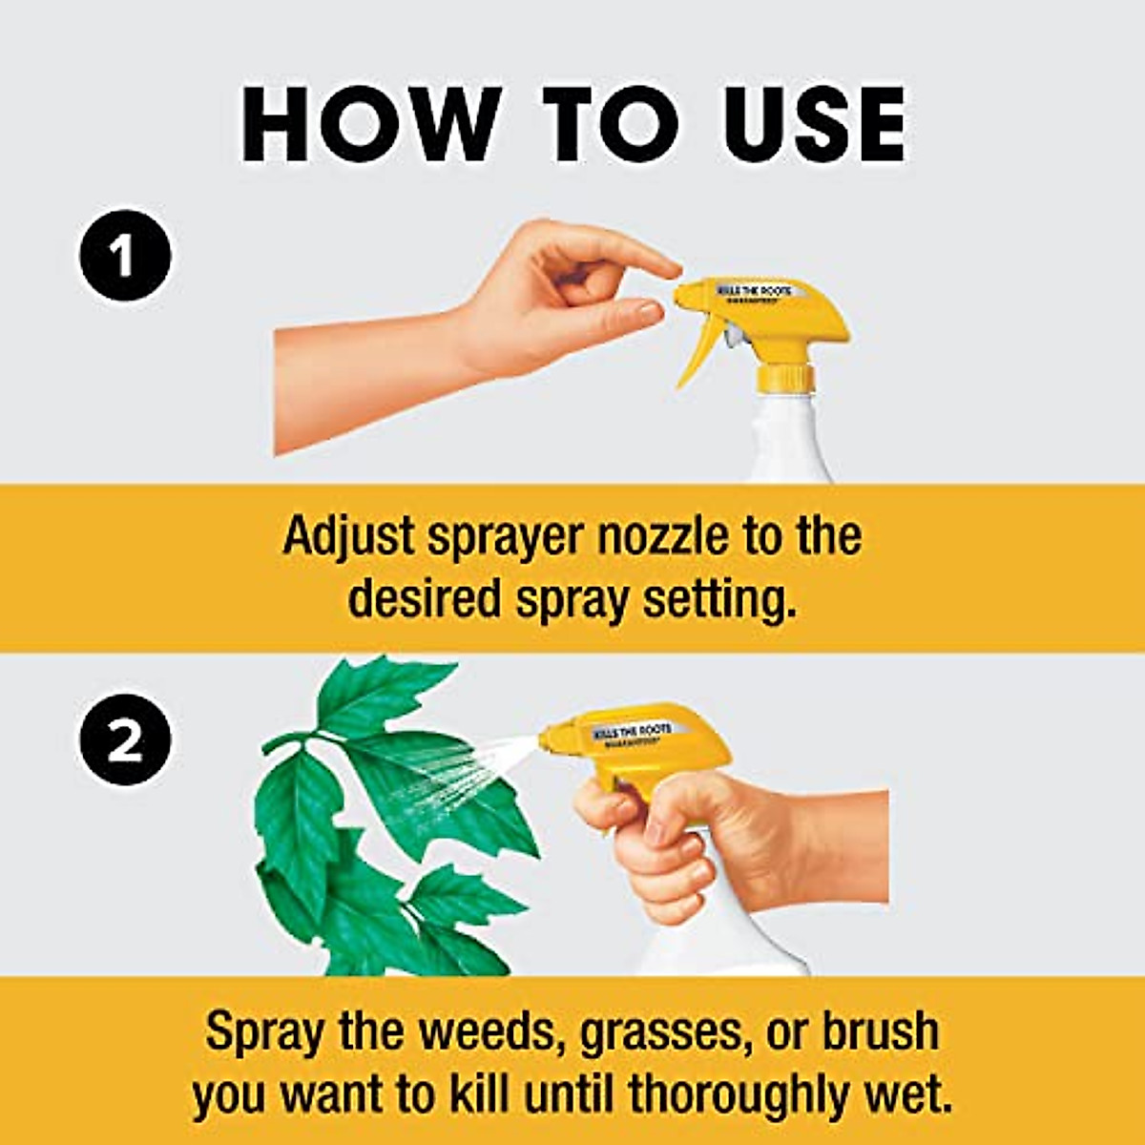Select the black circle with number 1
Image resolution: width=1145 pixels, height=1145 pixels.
(x=125, y=257)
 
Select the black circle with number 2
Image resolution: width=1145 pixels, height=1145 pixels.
(x=125, y=742)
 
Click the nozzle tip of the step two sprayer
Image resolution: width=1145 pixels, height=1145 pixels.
(x=545, y=738)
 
